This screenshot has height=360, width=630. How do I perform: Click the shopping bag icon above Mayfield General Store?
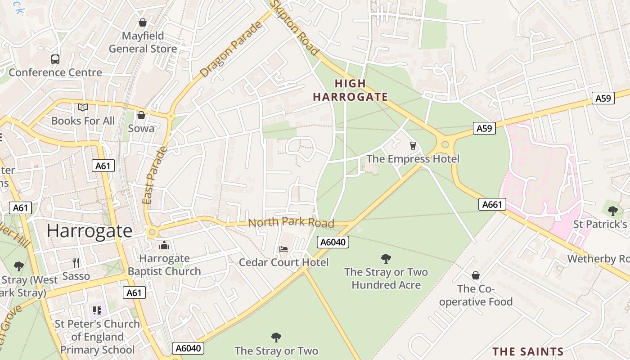click(143, 22)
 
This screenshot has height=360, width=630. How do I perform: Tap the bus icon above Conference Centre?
click(55, 59)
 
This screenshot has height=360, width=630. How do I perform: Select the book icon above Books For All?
click(82, 107)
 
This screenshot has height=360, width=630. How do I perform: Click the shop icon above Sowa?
click(141, 115)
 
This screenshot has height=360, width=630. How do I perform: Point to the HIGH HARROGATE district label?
click(350, 90)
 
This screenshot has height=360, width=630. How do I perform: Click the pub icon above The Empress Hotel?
click(413, 145)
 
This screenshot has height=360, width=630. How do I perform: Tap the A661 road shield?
click(492, 205)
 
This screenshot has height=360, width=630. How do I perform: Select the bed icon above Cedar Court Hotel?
click(283, 249)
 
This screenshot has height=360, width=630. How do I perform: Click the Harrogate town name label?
click(89, 231)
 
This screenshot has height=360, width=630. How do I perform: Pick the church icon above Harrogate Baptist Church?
click(164, 245)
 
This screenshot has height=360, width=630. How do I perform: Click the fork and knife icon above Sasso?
click(76, 262)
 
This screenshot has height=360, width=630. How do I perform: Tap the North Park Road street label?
click(291, 223)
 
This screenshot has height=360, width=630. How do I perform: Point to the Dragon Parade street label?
click(231, 49)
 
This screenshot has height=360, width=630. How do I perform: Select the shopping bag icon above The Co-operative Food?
click(476, 275)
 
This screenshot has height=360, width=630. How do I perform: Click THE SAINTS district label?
click(528, 351)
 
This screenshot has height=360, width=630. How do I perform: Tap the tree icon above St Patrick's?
click(612, 210)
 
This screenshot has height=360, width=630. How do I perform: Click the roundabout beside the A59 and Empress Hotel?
click(445, 144)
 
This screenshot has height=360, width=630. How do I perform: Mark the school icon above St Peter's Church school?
click(97, 310)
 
